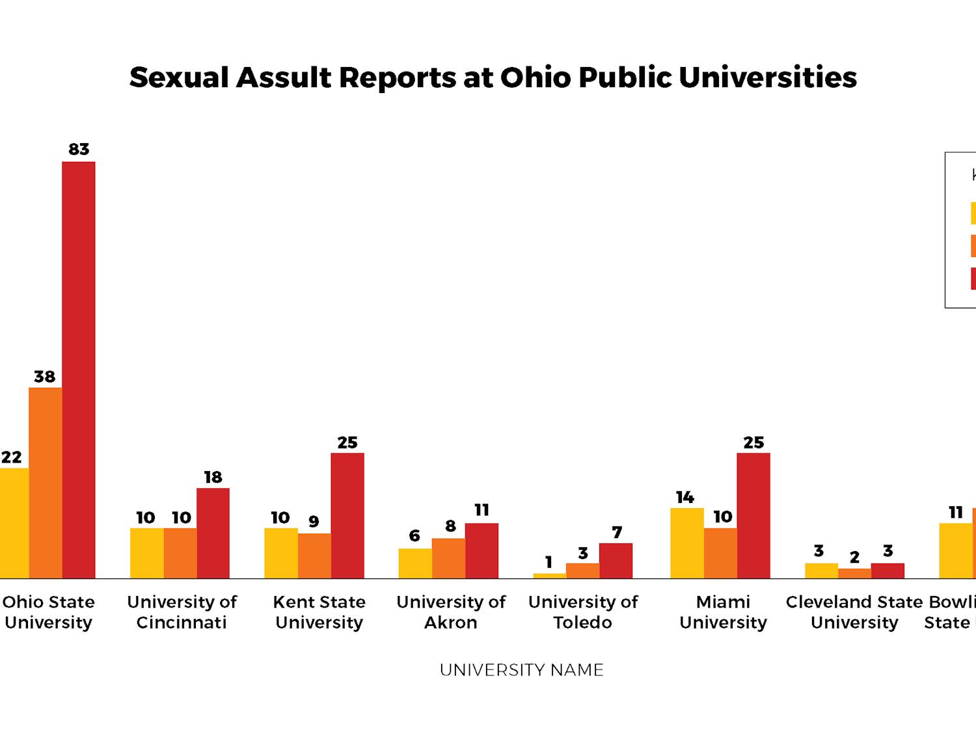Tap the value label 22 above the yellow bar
tap(11, 457)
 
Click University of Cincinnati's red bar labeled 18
tap(213, 533)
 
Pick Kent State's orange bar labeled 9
tap(314, 556)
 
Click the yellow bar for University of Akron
tap(415, 563)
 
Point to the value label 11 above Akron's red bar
tap(481, 510)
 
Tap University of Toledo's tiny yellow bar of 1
tap(549, 575)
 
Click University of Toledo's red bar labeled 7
tap(616, 561)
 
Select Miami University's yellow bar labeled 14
tap(686, 543)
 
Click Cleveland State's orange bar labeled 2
tap(854, 573)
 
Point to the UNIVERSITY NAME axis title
tap(521, 670)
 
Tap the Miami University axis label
tap(723, 612)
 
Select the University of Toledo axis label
tap(582, 612)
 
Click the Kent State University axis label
tap(319, 612)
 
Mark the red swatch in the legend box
tap(973, 278)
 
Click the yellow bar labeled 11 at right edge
tap(955, 550)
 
